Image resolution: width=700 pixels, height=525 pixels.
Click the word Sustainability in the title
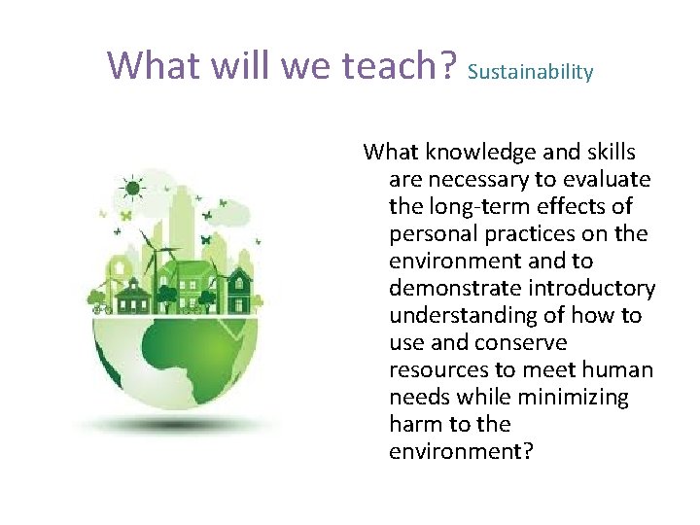[x=530, y=72]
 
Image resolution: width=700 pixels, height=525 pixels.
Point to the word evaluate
[x=611, y=179]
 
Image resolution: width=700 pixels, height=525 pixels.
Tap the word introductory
[x=589, y=288]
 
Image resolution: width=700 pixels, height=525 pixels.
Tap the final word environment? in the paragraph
[x=461, y=451]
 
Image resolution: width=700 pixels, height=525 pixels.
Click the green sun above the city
[x=129, y=188]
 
